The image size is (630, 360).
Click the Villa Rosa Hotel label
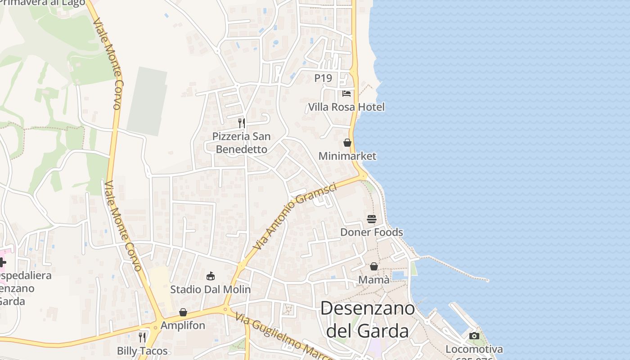[x=346, y=107]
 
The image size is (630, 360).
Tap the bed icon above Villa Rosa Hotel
[x=346, y=94]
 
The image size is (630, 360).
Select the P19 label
[x=323, y=78]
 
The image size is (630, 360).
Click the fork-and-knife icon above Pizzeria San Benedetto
[x=242, y=123]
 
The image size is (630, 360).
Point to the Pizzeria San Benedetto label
[x=241, y=143]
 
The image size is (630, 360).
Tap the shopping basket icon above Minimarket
[x=347, y=143]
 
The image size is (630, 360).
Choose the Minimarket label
[x=347, y=156]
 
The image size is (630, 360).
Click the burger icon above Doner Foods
[x=372, y=219]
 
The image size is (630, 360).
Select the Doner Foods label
[x=372, y=232]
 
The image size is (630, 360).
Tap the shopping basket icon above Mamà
[x=374, y=266]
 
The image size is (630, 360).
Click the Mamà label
[x=374, y=280]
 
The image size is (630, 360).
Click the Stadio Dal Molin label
[x=210, y=289]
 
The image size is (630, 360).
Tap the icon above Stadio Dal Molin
[x=210, y=276]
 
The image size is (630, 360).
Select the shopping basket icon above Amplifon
[x=183, y=312]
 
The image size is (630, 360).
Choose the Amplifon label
[x=183, y=325]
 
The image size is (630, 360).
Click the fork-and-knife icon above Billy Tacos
[x=142, y=337]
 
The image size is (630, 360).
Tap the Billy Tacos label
[x=142, y=351]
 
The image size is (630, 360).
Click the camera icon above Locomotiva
[x=474, y=336]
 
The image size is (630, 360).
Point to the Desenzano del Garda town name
[x=368, y=319]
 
